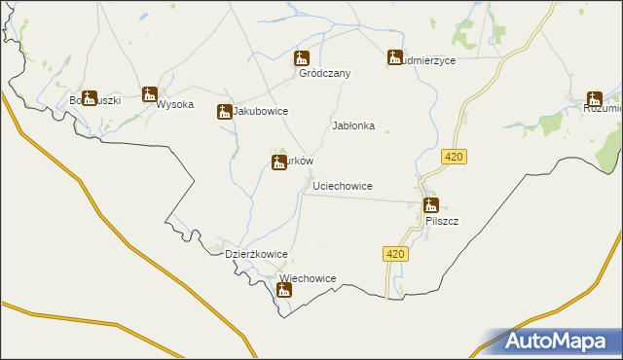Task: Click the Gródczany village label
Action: coord(324,73)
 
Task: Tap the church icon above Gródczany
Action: coord(302,58)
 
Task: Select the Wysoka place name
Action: coord(175,105)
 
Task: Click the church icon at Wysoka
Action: coord(150,94)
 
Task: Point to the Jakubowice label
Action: coord(260,112)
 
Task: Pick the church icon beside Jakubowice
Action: coord(224,112)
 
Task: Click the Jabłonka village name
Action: coord(353,126)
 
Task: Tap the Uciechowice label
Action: coord(343,185)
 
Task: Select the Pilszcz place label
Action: coord(442,221)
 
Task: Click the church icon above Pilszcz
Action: coord(430,205)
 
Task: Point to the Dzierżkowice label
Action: coord(256,254)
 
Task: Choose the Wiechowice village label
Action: coord(308,278)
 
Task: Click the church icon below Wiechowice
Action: coord(284,289)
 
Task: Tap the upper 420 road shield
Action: coord(452,157)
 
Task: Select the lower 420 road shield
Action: coord(393,254)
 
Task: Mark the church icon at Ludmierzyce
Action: coord(395,57)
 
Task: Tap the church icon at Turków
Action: coord(279,162)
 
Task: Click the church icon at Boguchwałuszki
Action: coord(90,98)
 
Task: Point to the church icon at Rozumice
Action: coord(595,98)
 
